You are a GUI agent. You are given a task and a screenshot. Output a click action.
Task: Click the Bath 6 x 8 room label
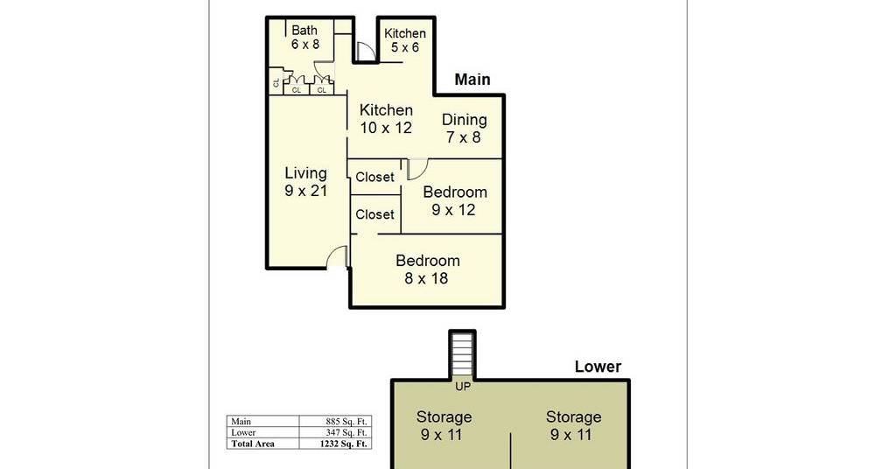click(x=305, y=37)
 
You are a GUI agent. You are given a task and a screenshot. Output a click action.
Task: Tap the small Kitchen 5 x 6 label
click(x=404, y=40)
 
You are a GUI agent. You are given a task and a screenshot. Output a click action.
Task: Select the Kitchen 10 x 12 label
click(x=386, y=119)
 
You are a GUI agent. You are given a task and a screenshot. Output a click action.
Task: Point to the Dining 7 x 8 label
click(x=464, y=129)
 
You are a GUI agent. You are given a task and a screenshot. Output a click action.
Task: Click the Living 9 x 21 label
click(x=305, y=182)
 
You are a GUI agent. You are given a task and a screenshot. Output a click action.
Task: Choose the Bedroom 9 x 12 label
click(x=455, y=200)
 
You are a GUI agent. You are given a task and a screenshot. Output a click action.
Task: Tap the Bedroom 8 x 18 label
click(x=427, y=269)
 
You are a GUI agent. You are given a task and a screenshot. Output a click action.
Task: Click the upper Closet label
click(x=374, y=177)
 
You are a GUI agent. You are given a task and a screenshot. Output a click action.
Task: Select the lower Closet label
click(x=374, y=214)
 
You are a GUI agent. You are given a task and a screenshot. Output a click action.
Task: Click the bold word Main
click(x=472, y=80)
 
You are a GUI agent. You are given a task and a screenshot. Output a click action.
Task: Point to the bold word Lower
click(x=598, y=367)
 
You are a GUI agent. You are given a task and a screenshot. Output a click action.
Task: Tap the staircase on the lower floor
click(x=462, y=355)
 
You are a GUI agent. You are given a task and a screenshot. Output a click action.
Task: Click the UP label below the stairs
click(x=463, y=387)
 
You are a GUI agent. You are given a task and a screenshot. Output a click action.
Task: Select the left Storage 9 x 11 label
click(x=444, y=425)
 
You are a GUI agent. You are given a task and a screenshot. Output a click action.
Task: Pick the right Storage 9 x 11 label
click(x=573, y=425)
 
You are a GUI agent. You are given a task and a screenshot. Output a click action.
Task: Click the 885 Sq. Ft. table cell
click(x=346, y=422)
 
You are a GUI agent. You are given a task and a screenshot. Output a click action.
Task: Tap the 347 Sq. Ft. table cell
click(x=346, y=432)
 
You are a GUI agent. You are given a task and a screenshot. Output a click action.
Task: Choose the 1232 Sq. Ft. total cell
click(x=343, y=444)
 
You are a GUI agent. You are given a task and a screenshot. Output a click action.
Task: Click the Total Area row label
click(x=253, y=444)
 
